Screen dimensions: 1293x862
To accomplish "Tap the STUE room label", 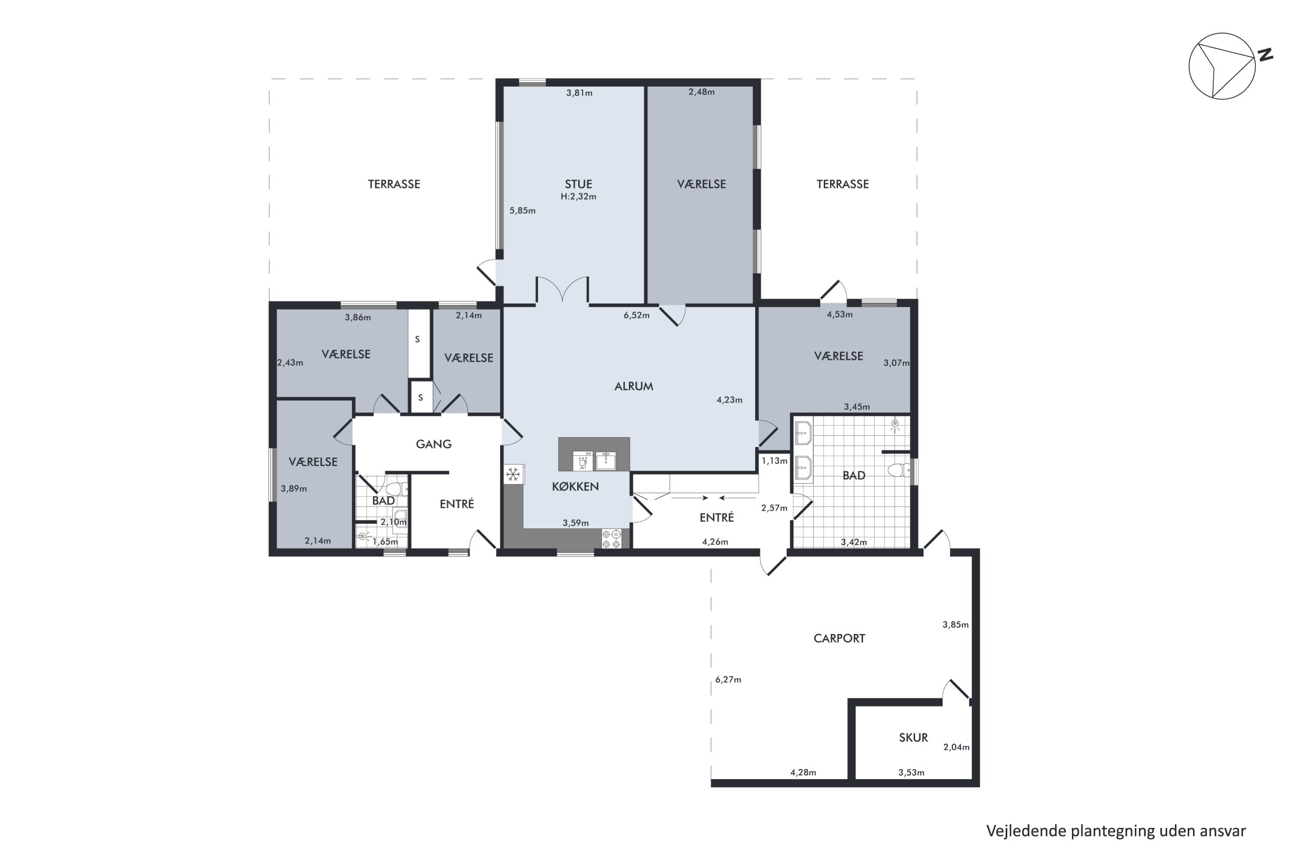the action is [578, 184].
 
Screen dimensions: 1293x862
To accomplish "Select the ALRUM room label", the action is [634, 387].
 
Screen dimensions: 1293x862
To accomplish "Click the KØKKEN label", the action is [575, 487].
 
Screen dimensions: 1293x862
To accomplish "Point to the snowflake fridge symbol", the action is [513, 474].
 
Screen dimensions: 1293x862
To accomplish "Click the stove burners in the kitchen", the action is [611, 538].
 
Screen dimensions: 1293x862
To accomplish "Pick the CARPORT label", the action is [839, 638].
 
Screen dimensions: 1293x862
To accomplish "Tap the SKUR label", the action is [913, 738].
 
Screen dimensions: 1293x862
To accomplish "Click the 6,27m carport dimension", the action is [728, 680].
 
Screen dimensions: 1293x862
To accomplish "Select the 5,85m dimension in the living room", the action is [522, 211].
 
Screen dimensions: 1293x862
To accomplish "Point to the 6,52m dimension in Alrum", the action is [636, 315].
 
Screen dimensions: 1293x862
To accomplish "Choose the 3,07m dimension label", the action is [896, 363].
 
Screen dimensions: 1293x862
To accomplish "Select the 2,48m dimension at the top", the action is [702, 92].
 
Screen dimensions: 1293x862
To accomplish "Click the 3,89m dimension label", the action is [294, 489].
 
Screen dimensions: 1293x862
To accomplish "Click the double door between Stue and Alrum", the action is [562, 290].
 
